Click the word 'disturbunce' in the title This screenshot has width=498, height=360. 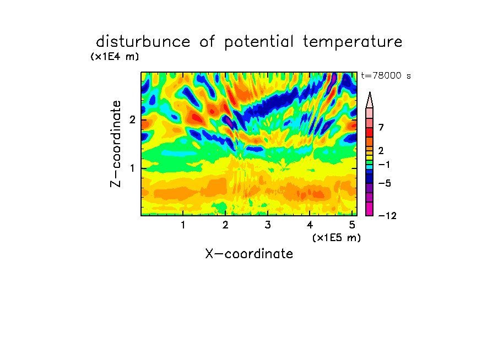pos(143,41)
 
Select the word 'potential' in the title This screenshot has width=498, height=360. pos(259,42)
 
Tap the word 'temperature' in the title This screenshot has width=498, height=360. pos(353,42)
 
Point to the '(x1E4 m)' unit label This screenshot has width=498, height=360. pos(115,57)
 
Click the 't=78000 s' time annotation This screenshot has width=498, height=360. pos(386,75)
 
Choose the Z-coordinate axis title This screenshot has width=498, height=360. pos(116,144)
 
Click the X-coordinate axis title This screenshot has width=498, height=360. pos(249,254)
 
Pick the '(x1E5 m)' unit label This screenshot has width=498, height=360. pos(337,237)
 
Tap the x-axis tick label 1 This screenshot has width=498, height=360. pos(183,225)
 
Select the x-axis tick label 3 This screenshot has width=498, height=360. pos(268,225)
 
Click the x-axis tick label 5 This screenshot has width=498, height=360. pos(352,225)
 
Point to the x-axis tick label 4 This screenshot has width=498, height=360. pos(310,225)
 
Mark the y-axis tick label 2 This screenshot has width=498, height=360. pos(132,120)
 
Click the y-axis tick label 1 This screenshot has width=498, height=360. pos(132,168)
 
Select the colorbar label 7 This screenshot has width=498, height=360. pos(381,127)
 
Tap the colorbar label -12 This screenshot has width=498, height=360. pos(387,216)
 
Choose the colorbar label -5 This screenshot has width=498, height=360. pos(385,183)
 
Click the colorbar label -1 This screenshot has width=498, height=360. pos(384,165)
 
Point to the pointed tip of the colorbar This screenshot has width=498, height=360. pos(370,92)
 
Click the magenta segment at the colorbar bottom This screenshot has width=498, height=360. pos(370,209)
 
